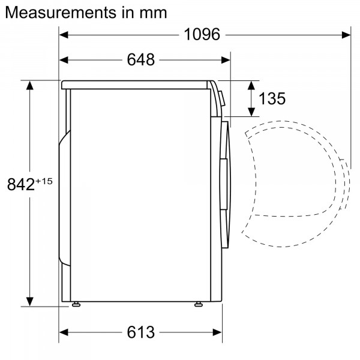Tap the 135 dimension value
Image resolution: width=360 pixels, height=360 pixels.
(x=272, y=98)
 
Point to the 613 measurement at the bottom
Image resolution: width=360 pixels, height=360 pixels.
(x=140, y=332)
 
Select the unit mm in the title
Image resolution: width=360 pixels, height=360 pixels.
(x=153, y=12)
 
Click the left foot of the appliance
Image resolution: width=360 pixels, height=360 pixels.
(x=76, y=304)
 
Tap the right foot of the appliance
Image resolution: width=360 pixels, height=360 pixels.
(x=198, y=304)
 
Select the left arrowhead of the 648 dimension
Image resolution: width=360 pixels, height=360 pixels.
(x=64, y=59)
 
